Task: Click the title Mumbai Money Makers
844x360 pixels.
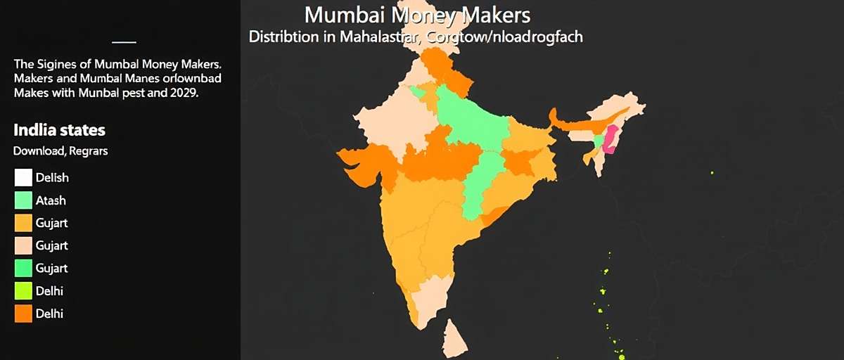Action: tap(418, 15)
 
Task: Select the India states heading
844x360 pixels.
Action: tap(59, 130)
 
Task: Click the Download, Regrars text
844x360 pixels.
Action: tap(60, 150)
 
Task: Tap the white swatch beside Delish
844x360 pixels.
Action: tap(23, 178)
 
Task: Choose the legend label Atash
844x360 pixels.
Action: tap(51, 200)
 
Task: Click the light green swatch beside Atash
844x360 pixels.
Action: tap(23, 200)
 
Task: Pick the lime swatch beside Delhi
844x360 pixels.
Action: tap(23, 290)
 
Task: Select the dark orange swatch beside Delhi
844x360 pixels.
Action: tap(23, 314)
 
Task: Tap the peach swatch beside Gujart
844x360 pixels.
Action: tap(23, 245)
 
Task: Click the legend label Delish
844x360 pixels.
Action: tap(52, 178)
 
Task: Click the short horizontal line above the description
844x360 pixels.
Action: tap(124, 42)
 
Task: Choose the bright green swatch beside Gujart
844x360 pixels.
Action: tap(23, 268)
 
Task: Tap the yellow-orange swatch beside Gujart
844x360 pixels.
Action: tap(23, 223)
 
